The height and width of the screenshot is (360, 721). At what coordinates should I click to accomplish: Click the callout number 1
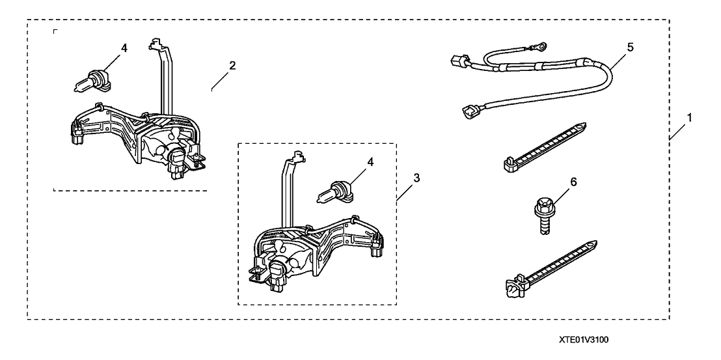[x=688, y=119]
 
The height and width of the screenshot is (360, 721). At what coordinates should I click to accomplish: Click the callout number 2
[x=232, y=65]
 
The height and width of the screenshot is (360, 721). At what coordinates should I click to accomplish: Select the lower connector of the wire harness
[x=469, y=112]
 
